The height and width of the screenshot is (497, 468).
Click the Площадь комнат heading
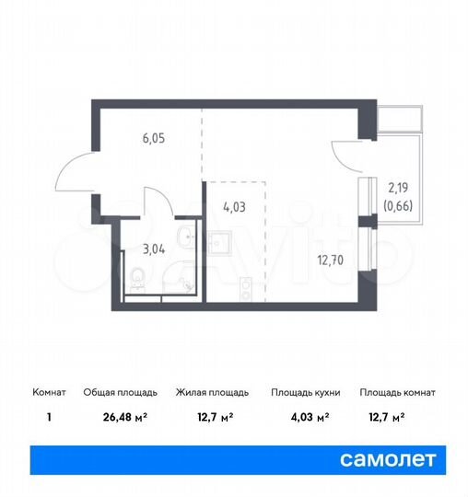click(x=397, y=392)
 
